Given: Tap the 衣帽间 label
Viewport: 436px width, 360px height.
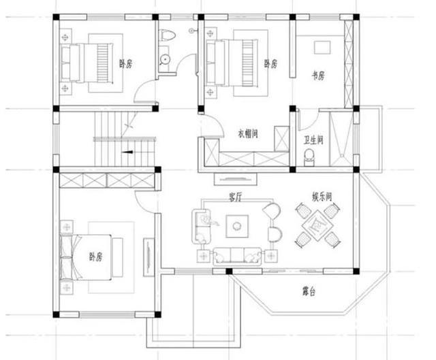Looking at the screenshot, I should (x=247, y=133).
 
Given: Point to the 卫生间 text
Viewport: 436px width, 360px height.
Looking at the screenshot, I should (x=313, y=140).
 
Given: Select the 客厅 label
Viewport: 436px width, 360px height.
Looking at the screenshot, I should (x=236, y=197).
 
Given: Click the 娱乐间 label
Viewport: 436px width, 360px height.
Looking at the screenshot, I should (x=322, y=197).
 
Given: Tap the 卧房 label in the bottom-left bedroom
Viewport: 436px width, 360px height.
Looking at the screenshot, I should (x=95, y=257).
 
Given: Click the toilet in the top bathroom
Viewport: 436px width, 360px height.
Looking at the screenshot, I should (x=167, y=35).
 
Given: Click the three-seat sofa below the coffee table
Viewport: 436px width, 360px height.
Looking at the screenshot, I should (x=237, y=256).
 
